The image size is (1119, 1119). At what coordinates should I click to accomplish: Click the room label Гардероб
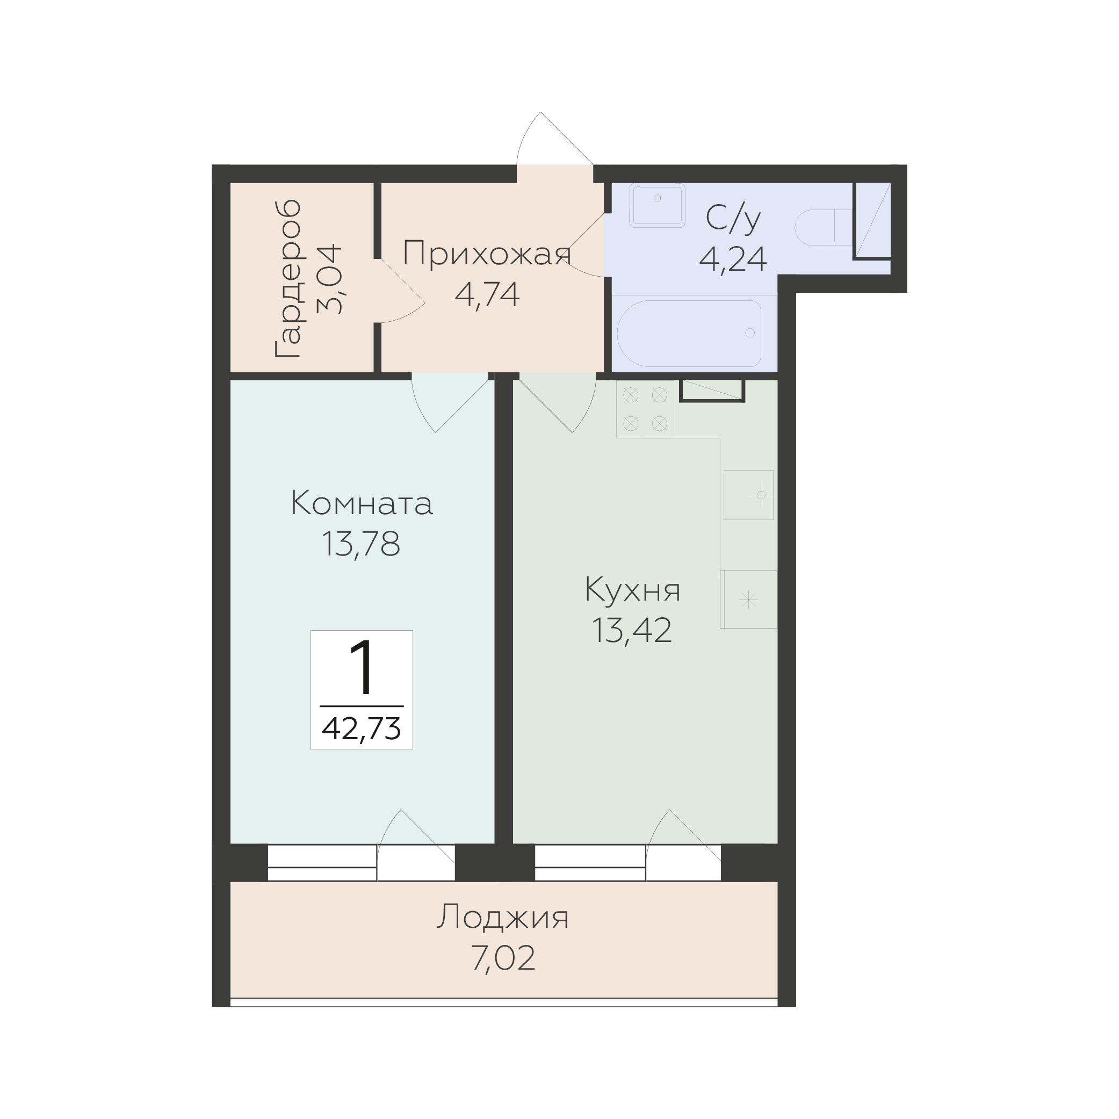[288, 279]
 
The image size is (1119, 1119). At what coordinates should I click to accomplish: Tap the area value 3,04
[329, 279]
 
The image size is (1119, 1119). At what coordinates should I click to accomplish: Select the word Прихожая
[487, 253]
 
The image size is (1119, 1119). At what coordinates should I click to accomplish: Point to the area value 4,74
[487, 294]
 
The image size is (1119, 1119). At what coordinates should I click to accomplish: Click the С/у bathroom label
[733, 219]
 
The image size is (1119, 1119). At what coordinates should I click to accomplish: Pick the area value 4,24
[733, 259]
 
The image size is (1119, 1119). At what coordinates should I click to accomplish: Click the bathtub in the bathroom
[689, 333]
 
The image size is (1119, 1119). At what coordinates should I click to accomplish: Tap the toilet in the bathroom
[823, 228]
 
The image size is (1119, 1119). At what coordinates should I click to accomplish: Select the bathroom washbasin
[658, 205]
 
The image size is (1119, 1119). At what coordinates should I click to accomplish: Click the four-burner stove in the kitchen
[645, 409]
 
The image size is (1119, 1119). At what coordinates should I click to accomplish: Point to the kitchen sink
[748, 495]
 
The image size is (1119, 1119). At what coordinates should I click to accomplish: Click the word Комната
[362, 503]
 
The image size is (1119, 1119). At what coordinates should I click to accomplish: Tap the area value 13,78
[362, 543]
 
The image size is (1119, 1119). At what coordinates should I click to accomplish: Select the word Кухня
[632, 590]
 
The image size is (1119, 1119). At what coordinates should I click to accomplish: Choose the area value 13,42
[632, 630]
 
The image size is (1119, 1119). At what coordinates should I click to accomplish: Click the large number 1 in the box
[362, 668]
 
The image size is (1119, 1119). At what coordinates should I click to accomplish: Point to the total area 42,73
[362, 728]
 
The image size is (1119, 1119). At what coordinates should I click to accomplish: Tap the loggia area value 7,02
[503, 958]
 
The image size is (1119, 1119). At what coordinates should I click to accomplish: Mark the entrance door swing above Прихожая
[555, 139]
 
